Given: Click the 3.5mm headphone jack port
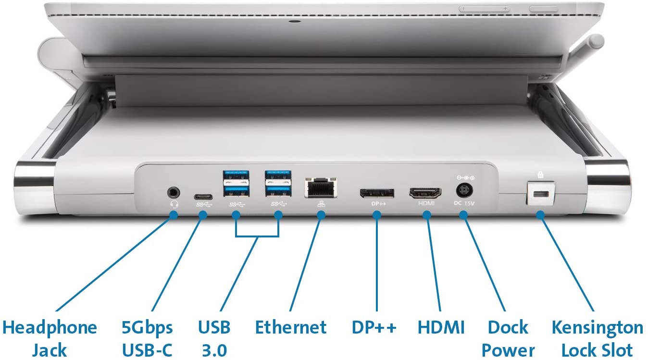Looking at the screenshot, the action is tap(174, 192).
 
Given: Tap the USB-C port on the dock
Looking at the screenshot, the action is tap(203, 197).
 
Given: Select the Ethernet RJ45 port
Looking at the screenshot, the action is tap(321, 188).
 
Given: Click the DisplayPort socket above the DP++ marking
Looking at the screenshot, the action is tap(377, 193).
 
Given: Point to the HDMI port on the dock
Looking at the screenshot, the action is tap(425, 193).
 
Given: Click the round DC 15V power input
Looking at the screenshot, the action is tap(464, 191).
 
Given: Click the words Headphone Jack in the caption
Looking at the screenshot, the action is tap(50, 338).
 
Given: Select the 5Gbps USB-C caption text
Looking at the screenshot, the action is tap(147, 338).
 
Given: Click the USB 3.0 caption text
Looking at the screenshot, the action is tap(214, 338).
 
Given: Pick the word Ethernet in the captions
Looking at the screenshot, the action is tap(291, 328).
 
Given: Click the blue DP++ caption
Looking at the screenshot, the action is tap(374, 328).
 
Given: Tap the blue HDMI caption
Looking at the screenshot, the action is tap(441, 328).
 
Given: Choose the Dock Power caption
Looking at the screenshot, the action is tap(508, 338).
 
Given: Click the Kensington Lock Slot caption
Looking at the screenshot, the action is tap(598, 338).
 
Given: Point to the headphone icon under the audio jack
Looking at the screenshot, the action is tap(174, 205).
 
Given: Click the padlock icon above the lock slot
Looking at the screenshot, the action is tap(540, 174).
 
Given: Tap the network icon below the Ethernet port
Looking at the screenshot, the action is tap(321, 204).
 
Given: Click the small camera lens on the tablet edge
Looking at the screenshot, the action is tap(295, 21).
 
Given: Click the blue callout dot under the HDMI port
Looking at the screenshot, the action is tap(427, 215).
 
